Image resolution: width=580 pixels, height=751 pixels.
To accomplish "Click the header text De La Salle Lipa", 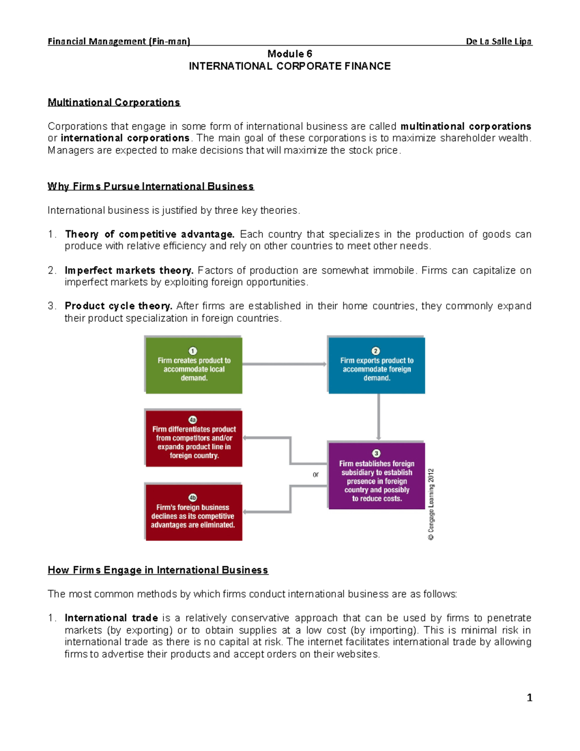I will tap(498, 42).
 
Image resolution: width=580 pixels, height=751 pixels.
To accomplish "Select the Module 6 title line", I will tap(290, 54).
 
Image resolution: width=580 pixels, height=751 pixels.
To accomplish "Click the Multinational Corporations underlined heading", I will tap(114, 103).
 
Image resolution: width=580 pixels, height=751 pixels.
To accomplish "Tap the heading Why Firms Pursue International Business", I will tap(150, 187).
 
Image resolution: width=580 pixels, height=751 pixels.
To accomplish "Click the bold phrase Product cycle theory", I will tap(118, 306).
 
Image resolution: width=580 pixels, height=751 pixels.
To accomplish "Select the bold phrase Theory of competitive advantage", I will tap(149, 235).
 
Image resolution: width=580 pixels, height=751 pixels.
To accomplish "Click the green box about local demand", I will tap(194, 365).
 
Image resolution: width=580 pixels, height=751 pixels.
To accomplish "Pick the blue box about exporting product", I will tap(377, 365).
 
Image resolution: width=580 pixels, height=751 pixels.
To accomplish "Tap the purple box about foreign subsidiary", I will tap(377, 476).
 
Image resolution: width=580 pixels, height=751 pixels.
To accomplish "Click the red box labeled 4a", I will tap(194, 439).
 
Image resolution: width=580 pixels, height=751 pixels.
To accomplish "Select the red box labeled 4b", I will tap(194, 512).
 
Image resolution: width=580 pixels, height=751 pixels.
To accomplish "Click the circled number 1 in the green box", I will tap(193, 351).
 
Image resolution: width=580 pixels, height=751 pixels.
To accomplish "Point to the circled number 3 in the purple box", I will tap(376, 453).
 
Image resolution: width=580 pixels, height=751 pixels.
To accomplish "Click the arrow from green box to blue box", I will tap(285, 364).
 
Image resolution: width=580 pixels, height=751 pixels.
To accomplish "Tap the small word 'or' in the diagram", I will tap(316, 474).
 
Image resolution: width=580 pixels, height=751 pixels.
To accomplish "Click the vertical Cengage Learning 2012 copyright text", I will tap(431, 504).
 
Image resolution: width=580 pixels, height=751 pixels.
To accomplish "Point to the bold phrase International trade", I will tap(111, 618).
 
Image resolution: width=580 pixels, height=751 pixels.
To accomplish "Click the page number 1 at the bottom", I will tap(529, 697).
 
